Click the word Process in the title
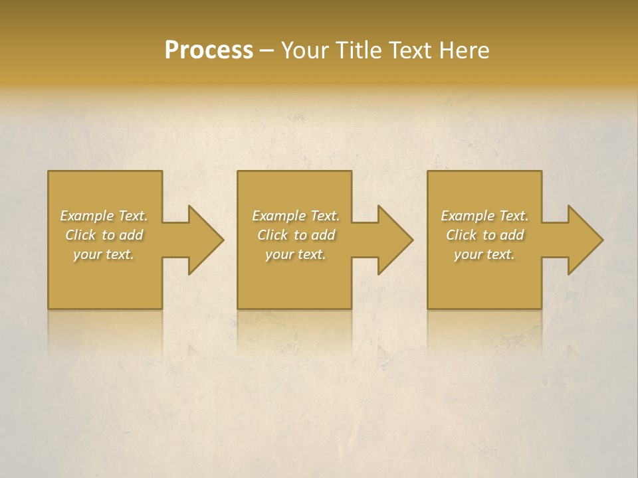209,50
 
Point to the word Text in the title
411,50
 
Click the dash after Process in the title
266,51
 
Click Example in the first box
86,216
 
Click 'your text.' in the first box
104,254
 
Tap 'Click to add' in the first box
104,235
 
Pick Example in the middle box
278,216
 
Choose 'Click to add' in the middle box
296,235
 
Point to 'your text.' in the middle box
296,254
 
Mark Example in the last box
467,216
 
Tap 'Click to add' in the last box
485,235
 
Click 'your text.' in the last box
485,254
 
